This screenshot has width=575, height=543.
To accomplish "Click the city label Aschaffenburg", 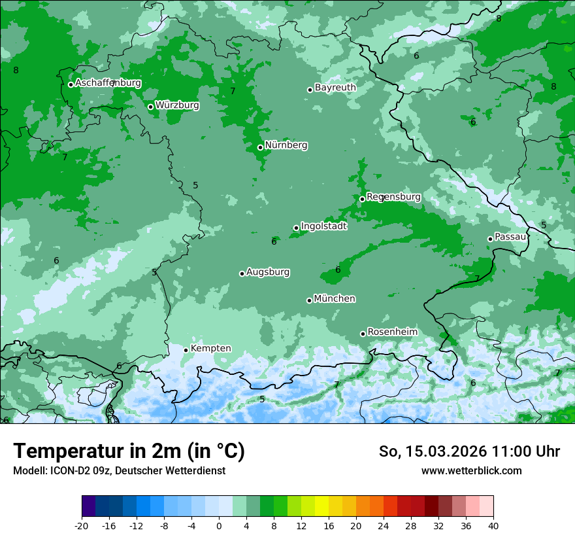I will pyautogui.click(x=108, y=83).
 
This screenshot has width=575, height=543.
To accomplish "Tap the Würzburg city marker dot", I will pyautogui.click(x=150, y=107).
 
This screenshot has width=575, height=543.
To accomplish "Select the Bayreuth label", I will pyautogui.click(x=335, y=87).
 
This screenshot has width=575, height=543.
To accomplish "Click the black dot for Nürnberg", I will pyautogui.click(x=260, y=147).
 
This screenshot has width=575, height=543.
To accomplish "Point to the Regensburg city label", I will pyautogui.click(x=393, y=196).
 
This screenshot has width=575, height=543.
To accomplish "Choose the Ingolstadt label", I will pyautogui.click(x=323, y=226).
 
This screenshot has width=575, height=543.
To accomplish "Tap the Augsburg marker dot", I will pyautogui.click(x=242, y=273).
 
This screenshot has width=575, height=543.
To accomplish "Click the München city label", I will pyautogui.click(x=335, y=298).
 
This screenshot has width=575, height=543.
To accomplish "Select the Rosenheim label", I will pyautogui.click(x=392, y=332).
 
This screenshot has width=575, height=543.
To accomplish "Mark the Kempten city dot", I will pyautogui.click(x=186, y=350).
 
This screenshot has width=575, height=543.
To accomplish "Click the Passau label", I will pyautogui.click(x=510, y=236).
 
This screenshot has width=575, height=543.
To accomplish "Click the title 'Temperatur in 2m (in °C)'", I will pyautogui.click(x=129, y=451).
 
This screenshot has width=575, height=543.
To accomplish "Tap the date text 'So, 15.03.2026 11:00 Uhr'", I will pyautogui.click(x=469, y=451).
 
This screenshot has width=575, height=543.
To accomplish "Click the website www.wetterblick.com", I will pyautogui.click(x=471, y=470).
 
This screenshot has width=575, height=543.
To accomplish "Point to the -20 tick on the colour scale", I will pyautogui.click(x=82, y=525).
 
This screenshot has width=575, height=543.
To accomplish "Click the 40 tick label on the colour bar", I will pyautogui.click(x=493, y=525).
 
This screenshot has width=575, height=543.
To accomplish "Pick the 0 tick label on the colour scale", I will pyautogui.click(x=219, y=525).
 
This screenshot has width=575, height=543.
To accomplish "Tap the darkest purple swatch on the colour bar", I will pyautogui.click(x=88, y=506).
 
